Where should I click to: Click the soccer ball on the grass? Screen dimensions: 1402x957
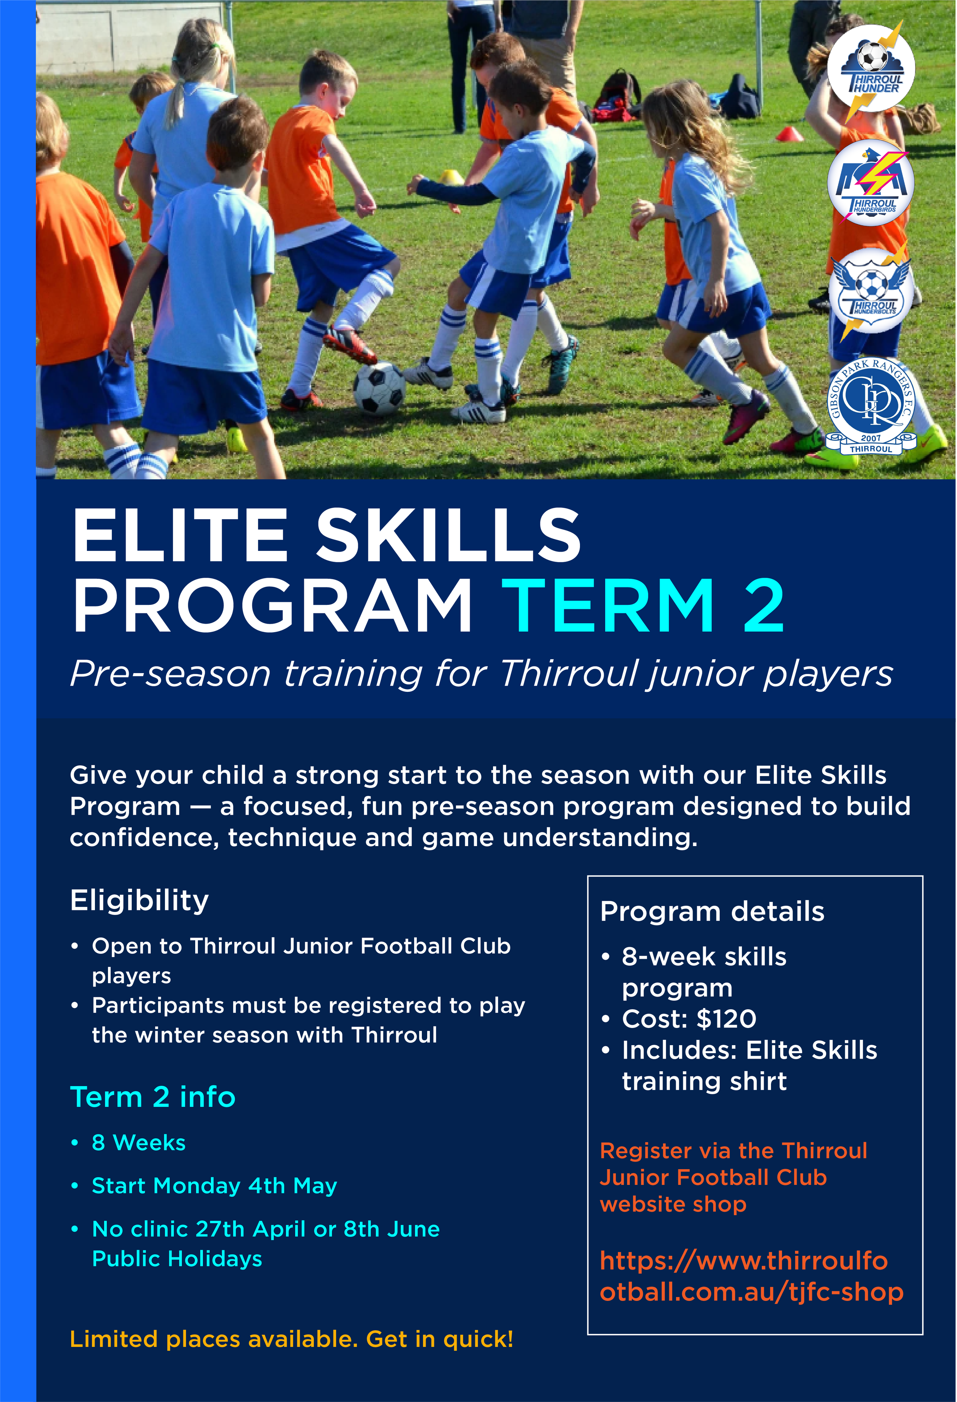point(379,387)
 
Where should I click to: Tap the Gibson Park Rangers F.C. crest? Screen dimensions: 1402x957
point(871,405)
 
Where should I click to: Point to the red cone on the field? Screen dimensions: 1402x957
point(789,134)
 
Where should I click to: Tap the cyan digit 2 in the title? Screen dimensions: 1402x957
point(763,606)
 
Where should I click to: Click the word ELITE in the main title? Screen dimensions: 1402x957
point(180,534)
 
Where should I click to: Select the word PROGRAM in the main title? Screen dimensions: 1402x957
point(272,606)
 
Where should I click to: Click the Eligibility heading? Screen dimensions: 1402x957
point(139,900)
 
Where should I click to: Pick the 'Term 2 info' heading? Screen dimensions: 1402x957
point(153,1097)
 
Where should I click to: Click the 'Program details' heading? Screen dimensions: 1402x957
point(712,912)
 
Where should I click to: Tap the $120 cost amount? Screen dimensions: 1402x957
point(726,1019)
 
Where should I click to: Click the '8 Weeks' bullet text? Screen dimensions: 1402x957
point(139,1142)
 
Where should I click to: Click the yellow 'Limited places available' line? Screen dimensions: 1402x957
point(291,1339)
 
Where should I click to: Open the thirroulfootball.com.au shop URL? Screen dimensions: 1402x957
point(751,1276)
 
